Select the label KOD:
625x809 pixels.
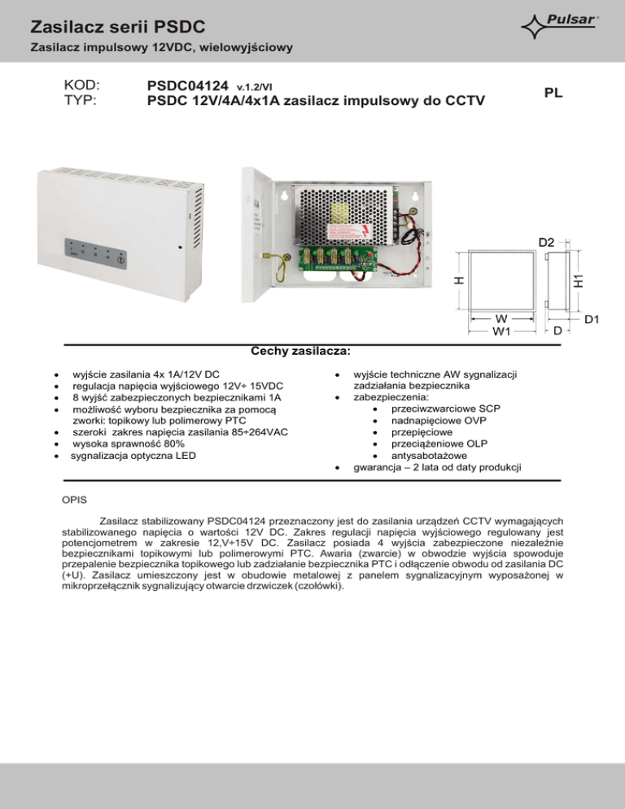tap(81, 85)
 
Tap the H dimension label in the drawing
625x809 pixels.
tap(458, 279)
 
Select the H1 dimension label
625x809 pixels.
tap(578, 278)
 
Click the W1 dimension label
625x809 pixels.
tap(500, 331)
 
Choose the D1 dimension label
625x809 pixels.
tap(592, 320)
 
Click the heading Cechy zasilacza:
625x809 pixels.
tap(301, 351)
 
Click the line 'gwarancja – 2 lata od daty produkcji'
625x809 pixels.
tap(438, 467)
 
